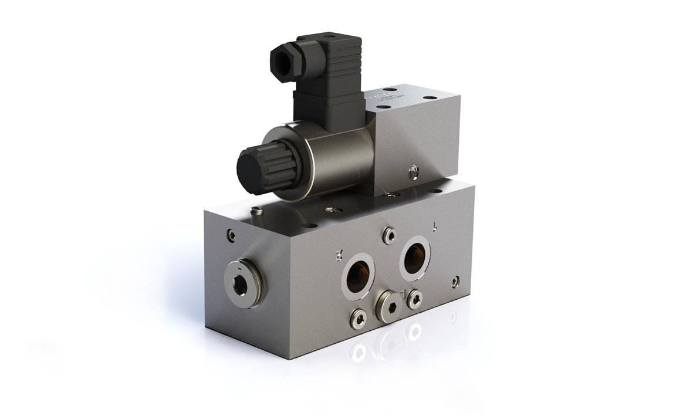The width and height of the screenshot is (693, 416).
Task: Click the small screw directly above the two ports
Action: [x=387, y=234]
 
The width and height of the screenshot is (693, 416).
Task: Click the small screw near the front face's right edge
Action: [x=454, y=281]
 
